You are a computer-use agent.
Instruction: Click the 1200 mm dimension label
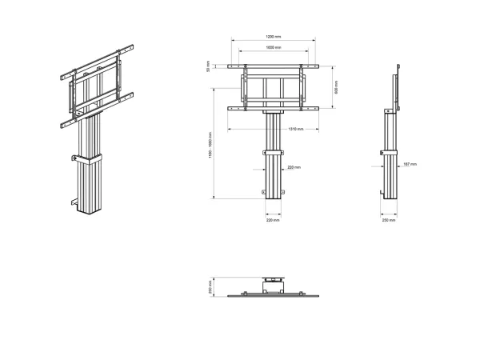(x=274, y=36)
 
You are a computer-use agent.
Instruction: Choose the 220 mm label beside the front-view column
(x=293, y=168)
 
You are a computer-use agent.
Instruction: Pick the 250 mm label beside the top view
(x=210, y=286)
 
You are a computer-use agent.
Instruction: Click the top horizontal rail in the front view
(x=274, y=66)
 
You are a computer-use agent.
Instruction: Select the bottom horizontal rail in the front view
(x=274, y=108)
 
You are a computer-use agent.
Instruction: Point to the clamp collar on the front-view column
(x=273, y=152)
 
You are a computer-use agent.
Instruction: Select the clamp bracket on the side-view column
(x=389, y=154)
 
